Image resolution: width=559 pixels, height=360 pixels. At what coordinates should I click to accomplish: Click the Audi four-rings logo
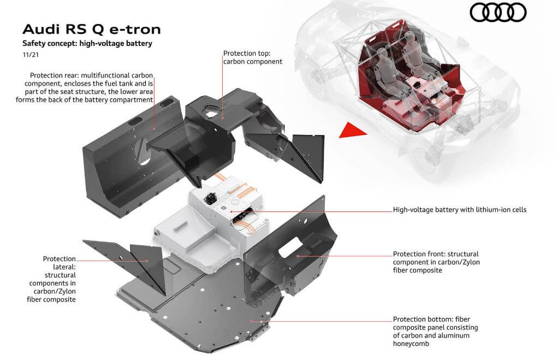tap(498, 12)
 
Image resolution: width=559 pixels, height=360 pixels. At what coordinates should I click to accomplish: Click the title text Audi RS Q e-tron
tap(92, 29)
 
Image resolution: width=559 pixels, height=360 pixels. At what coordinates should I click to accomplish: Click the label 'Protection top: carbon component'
tap(253, 57)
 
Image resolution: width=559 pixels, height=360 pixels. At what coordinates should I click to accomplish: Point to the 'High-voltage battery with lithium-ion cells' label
tap(460, 209)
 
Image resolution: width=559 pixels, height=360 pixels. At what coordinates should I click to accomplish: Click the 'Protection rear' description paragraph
tap(92, 87)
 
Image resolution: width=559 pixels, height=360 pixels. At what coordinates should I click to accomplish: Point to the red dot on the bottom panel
tap(251, 321)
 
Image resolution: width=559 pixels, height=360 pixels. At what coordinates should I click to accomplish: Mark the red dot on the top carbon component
tap(223, 117)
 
